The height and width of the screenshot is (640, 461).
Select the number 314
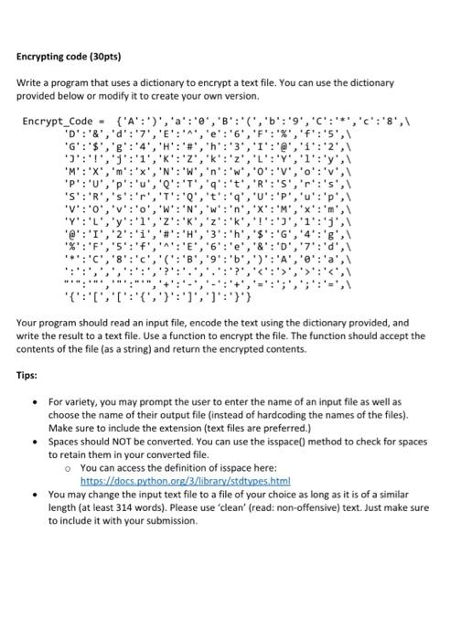114,507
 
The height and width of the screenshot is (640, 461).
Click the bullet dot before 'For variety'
34,400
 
